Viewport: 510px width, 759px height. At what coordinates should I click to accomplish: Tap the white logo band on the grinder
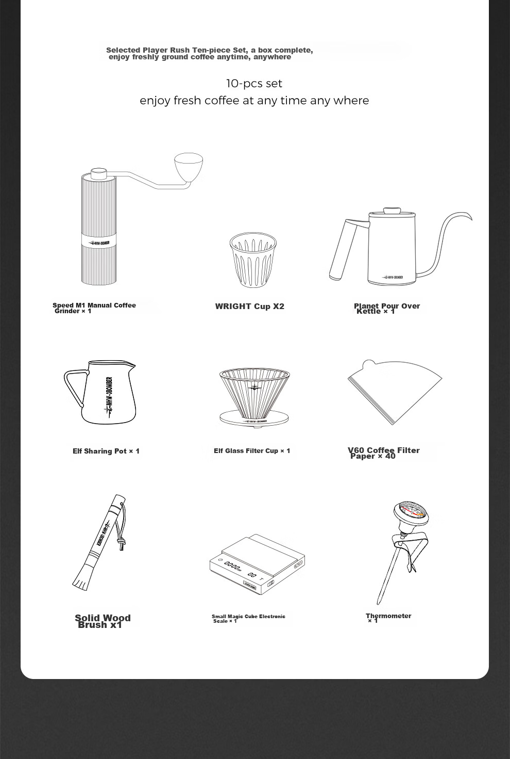(x=99, y=243)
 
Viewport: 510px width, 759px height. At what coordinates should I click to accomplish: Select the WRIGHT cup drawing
(x=253, y=260)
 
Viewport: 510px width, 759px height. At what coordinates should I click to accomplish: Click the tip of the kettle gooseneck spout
(x=471, y=220)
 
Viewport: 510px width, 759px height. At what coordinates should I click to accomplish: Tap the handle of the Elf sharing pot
(x=74, y=388)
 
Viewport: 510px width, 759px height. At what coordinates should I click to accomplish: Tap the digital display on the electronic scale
(x=233, y=566)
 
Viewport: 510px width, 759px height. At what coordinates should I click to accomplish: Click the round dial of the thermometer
(x=411, y=513)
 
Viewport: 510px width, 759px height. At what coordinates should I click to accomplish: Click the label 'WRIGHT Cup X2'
(x=249, y=306)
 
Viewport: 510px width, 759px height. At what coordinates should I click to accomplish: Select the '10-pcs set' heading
(x=254, y=84)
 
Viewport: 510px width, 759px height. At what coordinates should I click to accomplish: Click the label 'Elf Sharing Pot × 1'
(x=106, y=451)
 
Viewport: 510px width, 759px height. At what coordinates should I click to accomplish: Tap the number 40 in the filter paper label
(x=390, y=456)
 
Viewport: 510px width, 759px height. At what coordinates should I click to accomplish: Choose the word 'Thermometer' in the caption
(x=388, y=616)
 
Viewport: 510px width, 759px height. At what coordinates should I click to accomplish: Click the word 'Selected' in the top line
(x=123, y=50)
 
